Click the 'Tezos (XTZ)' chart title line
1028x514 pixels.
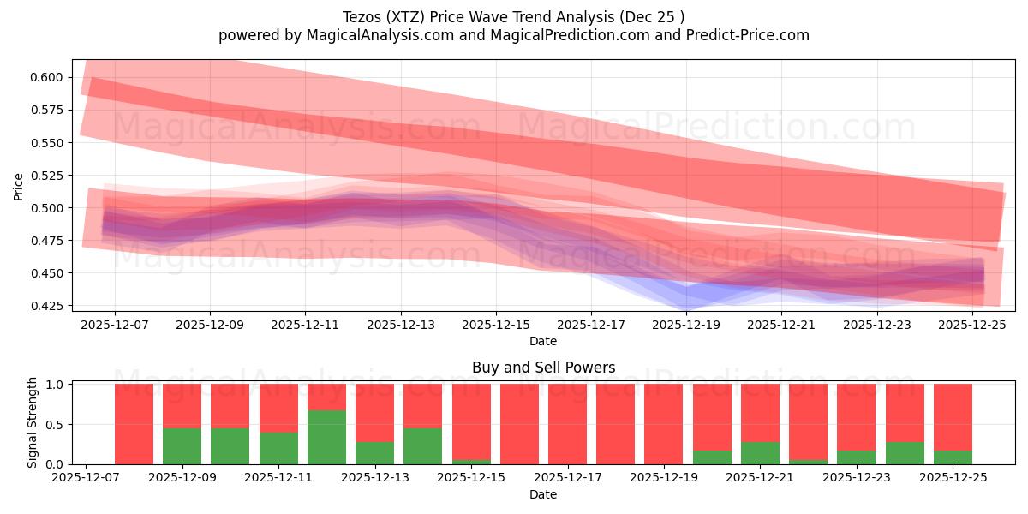pyautogui.click(x=514, y=16)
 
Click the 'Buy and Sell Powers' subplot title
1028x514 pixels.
pyautogui.click(x=543, y=368)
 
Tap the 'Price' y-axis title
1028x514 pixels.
pyautogui.click(x=19, y=186)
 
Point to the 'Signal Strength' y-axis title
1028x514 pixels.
pyautogui.click(x=33, y=422)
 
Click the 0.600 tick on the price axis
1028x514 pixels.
pyautogui.click(x=45, y=77)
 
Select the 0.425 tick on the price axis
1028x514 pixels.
pyautogui.click(x=45, y=306)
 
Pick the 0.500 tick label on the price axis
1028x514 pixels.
pyautogui.click(x=45, y=208)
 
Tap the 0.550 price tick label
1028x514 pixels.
pyautogui.click(x=45, y=143)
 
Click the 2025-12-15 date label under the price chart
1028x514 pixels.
pyautogui.click(x=495, y=326)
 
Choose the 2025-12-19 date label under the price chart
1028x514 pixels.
pyautogui.click(x=685, y=326)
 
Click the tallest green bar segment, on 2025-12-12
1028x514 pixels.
pyautogui.click(x=326, y=438)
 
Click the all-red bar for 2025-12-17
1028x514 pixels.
pyautogui.click(x=567, y=424)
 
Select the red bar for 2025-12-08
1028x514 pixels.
pyautogui.click(x=134, y=424)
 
